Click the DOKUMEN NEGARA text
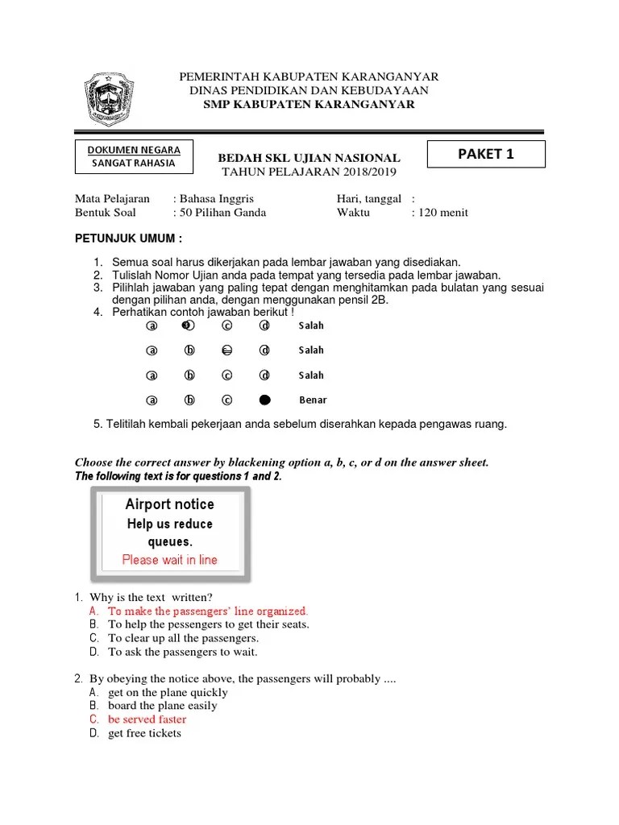click(x=135, y=150)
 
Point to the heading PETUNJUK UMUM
click(x=129, y=239)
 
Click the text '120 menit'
click(x=442, y=213)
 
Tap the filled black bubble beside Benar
click(x=264, y=400)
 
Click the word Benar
click(x=313, y=400)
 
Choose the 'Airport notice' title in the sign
click(x=169, y=504)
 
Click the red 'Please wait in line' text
click(x=169, y=559)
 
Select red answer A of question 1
click(x=208, y=611)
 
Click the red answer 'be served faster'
click(x=147, y=719)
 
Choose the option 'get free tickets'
click(x=145, y=733)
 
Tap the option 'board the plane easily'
click(x=163, y=706)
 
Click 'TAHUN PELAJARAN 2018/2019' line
click(x=309, y=172)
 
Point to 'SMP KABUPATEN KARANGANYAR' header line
click(x=309, y=104)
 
